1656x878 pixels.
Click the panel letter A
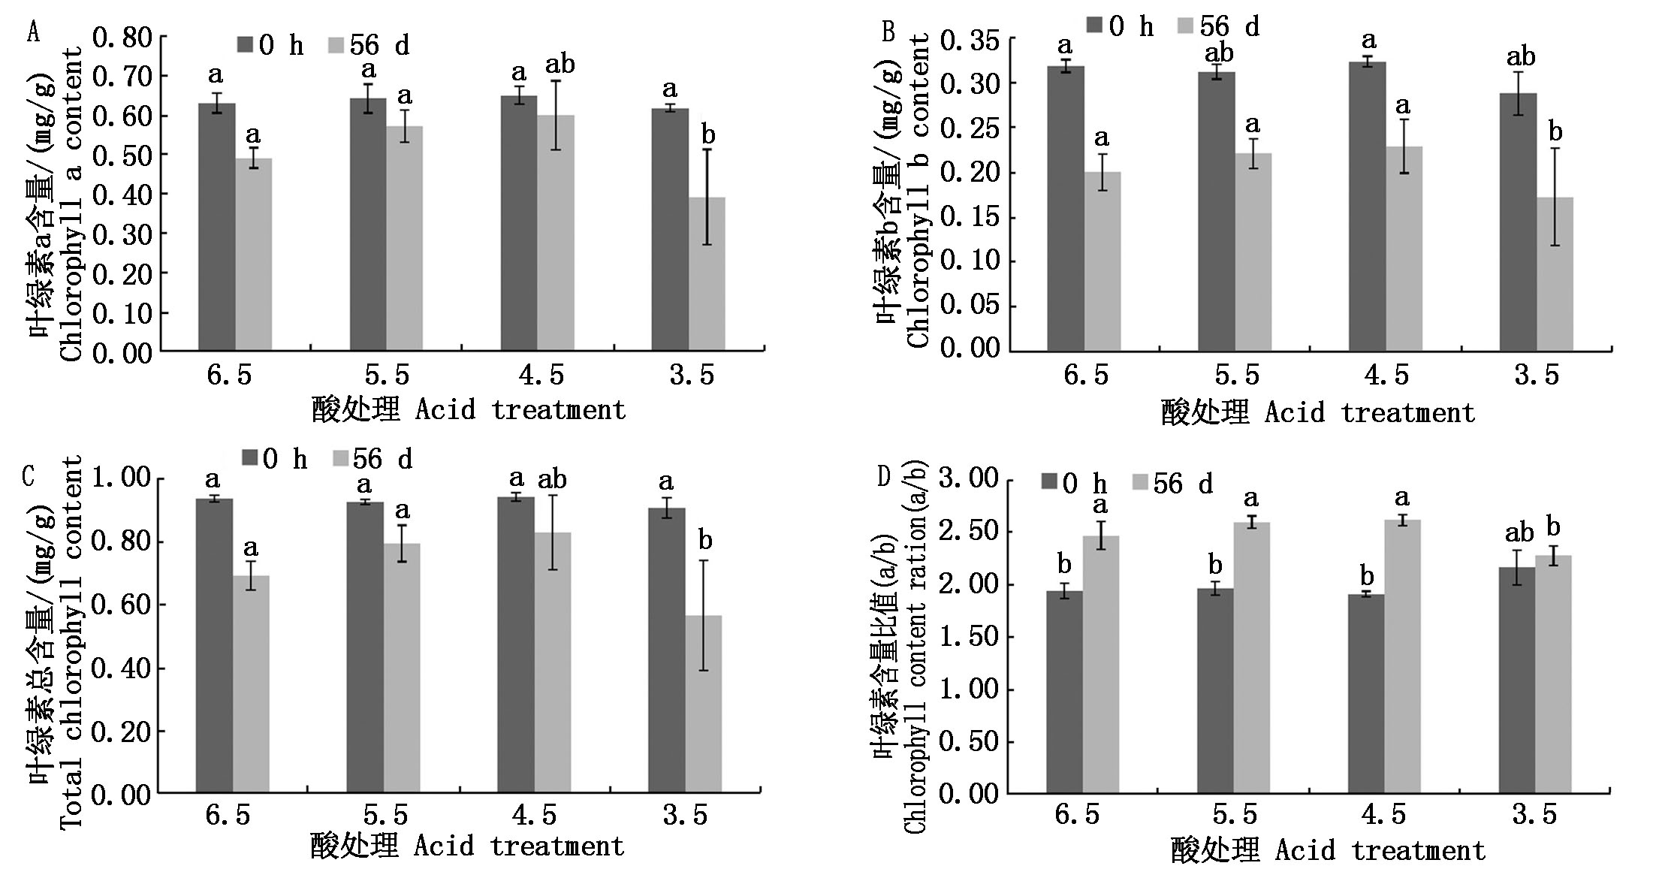[x=32, y=33]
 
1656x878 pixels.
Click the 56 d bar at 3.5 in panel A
[x=707, y=274]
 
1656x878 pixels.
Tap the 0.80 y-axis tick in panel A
[x=122, y=38]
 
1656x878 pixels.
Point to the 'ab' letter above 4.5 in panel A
[x=560, y=65]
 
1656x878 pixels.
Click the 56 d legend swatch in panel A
[x=336, y=45]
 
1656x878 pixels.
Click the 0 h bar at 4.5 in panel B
[x=1368, y=207]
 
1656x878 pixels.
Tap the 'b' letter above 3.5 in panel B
[x=1555, y=133]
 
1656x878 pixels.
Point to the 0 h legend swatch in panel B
[x=1093, y=26]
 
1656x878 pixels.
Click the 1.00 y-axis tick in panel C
[x=122, y=478]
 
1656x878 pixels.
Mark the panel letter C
[x=29, y=476]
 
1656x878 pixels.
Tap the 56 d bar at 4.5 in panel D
[x=1402, y=656]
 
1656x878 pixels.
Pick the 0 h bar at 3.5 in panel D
[x=1516, y=680]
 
